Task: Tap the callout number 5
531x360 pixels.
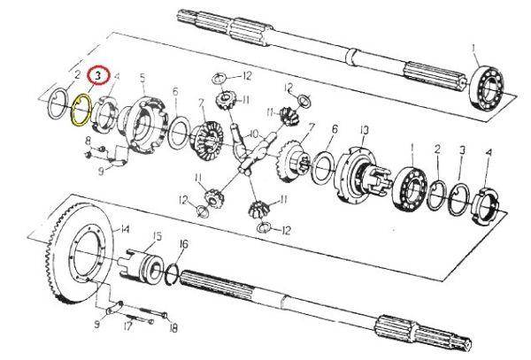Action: [142, 77]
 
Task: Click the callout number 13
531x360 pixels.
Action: [364, 130]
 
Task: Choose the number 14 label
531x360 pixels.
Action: [126, 228]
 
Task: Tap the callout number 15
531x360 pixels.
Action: [157, 235]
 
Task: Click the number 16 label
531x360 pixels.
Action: [183, 243]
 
